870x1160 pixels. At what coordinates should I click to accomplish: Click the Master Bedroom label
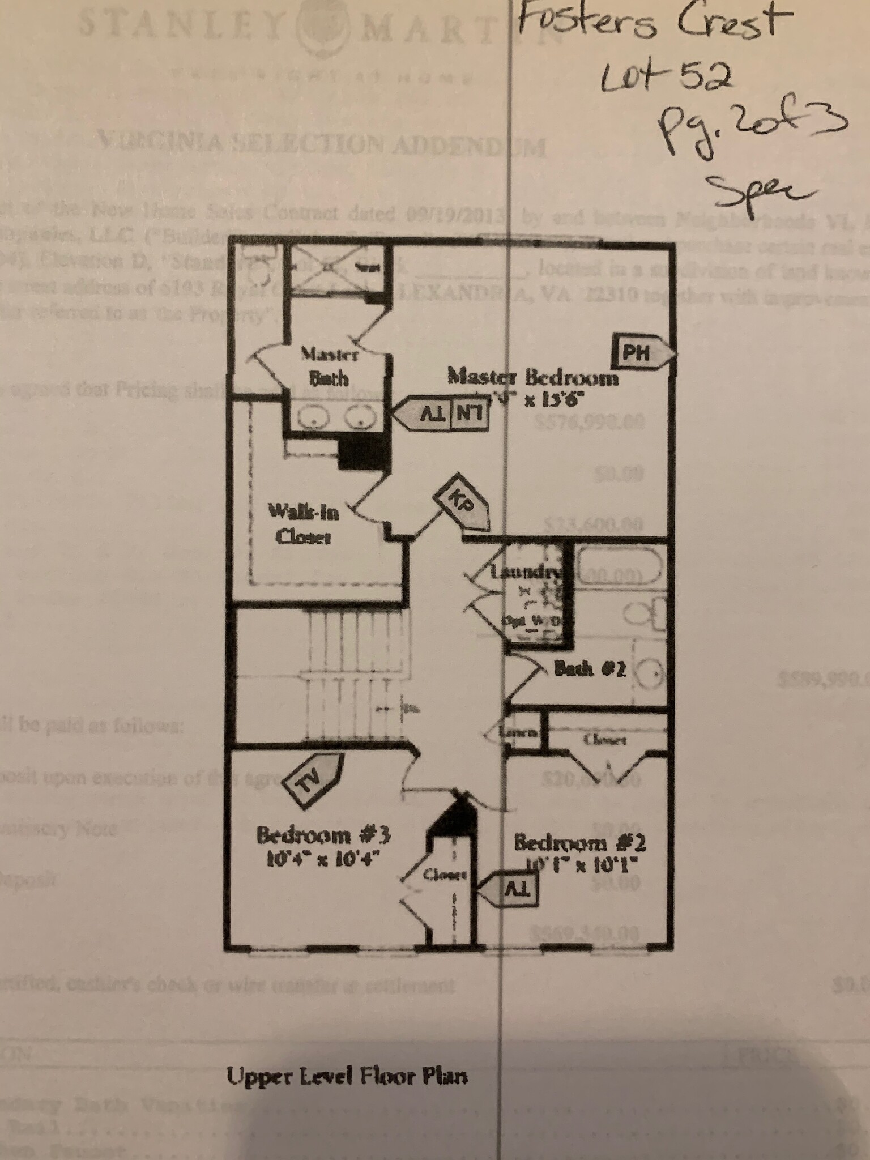(x=532, y=377)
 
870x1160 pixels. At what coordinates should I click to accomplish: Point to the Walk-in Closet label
(x=303, y=524)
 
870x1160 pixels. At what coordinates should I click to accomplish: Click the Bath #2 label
(x=589, y=669)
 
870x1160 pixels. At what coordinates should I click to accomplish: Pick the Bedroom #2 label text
(x=579, y=843)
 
